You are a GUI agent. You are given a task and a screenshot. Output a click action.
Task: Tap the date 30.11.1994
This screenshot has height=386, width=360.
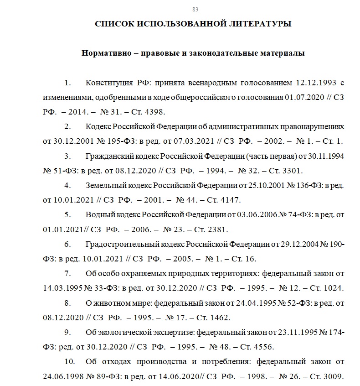[325, 156]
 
